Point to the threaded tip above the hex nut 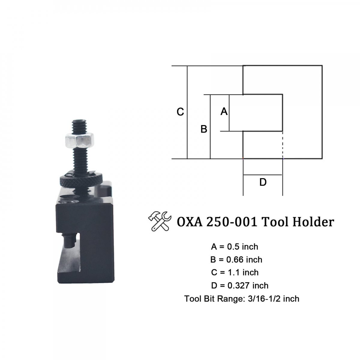click(79, 126)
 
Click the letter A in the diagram click(224, 112)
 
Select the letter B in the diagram click(204, 129)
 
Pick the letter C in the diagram click(180, 112)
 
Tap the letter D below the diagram click(263, 182)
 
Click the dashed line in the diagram click(283, 145)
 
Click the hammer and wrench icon click(160, 221)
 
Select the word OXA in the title click(190, 222)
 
